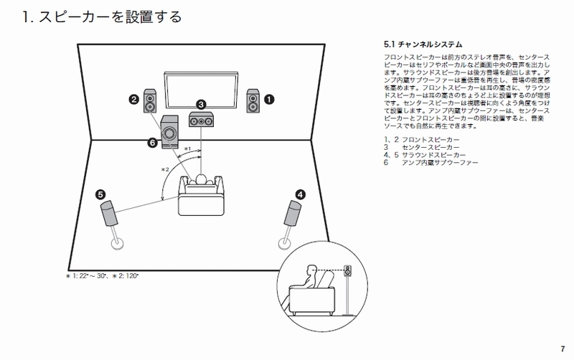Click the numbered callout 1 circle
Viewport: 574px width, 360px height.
(x=270, y=100)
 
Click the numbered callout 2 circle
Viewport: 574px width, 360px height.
(x=133, y=100)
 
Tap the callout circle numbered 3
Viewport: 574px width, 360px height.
(x=202, y=104)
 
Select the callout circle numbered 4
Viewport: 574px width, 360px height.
(x=300, y=193)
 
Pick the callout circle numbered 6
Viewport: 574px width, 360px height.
(x=152, y=143)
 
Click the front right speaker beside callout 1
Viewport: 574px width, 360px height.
(x=253, y=100)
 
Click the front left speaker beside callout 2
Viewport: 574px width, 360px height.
(x=150, y=100)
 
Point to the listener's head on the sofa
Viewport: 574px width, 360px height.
(x=202, y=179)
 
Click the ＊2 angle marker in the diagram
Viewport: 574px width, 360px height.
(x=165, y=169)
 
